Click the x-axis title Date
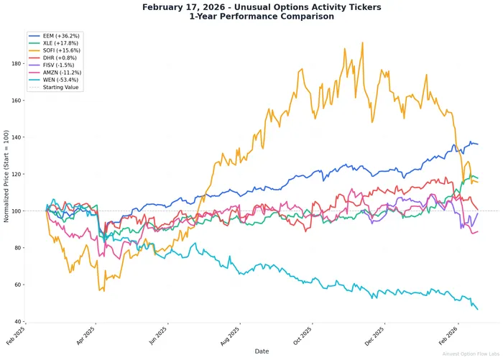pos(262,351)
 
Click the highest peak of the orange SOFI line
pos(362,42)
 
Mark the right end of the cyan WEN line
pos(477,309)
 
